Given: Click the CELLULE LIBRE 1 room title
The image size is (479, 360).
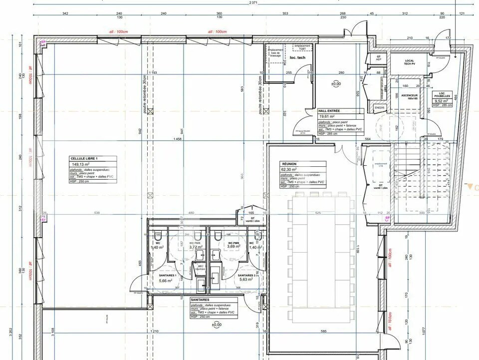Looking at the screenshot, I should (x=84, y=158).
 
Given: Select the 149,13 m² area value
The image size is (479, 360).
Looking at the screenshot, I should (x=81, y=164).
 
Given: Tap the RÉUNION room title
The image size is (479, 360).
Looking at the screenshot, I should (x=289, y=163).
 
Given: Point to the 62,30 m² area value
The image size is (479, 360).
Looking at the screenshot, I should (x=289, y=169).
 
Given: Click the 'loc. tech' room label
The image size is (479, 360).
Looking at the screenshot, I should (x=297, y=58).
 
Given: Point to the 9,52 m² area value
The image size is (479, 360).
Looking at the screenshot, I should (x=440, y=100).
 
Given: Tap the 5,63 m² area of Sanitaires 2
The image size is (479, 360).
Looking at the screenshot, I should (x=247, y=280).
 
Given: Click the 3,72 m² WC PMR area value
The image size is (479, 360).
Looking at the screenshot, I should (x=195, y=247).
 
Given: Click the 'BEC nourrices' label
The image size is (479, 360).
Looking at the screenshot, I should (x=201, y=268).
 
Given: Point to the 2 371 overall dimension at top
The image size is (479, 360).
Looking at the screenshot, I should (x=253, y=3).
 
